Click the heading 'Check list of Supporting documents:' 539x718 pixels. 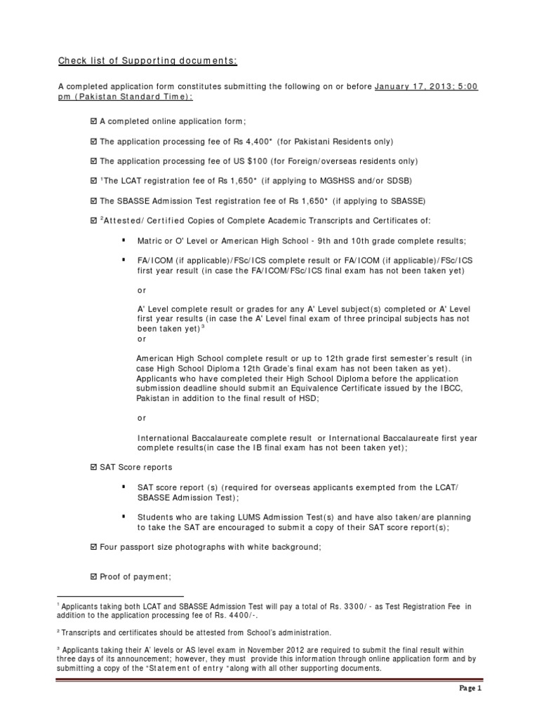click(x=147, y=62)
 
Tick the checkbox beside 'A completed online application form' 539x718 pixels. click(x=95, y=121)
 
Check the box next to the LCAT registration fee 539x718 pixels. click(x=95, y=181)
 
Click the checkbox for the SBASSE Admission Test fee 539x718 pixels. click(x=95, y=201)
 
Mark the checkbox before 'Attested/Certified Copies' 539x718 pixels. click(x=95, y=221)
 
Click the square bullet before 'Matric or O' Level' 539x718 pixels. click(x=124, y=240)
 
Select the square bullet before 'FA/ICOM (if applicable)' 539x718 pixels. click(x=124, y=259)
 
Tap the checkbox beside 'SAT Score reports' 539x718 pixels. click(x=95, y=467)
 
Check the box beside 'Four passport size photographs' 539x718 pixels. click(x=95, y=547)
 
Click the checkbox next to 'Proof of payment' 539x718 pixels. click(x=95, y=576)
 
